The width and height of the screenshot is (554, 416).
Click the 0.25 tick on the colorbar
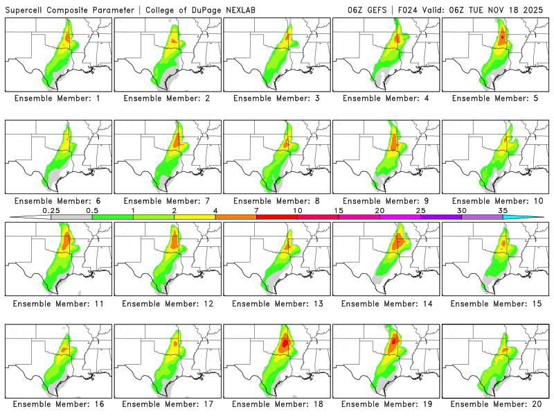point(51,210)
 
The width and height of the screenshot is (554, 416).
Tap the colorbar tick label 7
point(256,210)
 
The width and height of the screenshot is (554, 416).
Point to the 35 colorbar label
point(503,210)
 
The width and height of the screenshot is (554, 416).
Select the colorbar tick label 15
point(339,210)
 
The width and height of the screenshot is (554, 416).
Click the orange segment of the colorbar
point(235,217)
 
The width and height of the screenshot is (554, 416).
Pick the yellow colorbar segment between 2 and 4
point(195,217)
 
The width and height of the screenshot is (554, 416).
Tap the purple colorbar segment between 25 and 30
point(440,217)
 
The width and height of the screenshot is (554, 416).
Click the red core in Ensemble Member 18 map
point(285,342)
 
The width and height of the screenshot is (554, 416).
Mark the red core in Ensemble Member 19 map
point(393,341)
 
